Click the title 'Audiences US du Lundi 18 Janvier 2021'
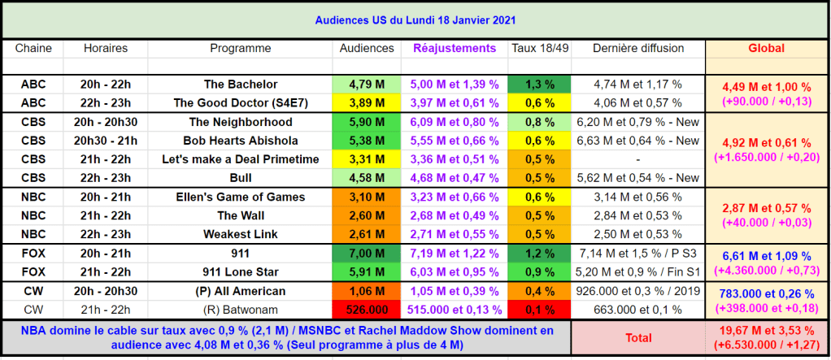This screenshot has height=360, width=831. coord(415,20)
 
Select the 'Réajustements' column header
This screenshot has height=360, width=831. coord(455,48)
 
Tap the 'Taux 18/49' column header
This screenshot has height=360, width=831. coord(540,48)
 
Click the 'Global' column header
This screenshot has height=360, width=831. coord(766,48)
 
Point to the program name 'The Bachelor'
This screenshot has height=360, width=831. coord(241,84)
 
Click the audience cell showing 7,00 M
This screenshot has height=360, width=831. coord(366,253)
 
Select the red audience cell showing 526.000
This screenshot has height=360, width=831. coord(366,309)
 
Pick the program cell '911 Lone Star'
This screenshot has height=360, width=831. coord(241,271)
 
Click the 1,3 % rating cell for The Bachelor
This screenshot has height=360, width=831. coord(540,84)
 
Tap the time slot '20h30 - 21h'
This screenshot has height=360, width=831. coord(106,141)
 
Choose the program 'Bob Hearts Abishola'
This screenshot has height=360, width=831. coord(241,141)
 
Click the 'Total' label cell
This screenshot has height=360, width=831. coord(638,337)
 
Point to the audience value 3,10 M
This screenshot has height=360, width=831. coord(366,197)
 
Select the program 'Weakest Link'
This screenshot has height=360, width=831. coord(241,234)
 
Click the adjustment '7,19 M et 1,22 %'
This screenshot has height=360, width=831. coord(455,253)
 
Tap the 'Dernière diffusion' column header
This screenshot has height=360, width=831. coord(638,48)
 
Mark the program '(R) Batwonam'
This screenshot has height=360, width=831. coord(241,309)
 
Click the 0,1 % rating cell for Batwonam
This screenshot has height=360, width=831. coord(540,309)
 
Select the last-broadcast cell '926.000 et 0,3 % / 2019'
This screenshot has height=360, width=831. coord(638,290)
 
